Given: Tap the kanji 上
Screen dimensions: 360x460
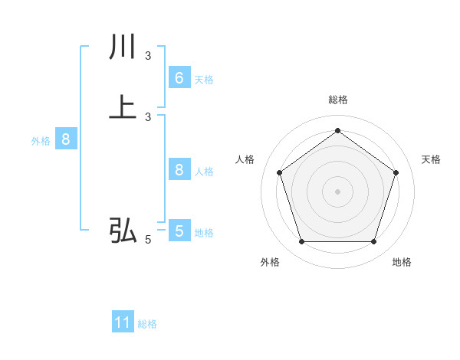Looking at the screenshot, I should point(123,107).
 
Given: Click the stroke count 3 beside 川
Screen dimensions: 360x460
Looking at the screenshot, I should point(148,56).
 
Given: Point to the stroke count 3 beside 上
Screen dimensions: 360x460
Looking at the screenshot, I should point(148,116).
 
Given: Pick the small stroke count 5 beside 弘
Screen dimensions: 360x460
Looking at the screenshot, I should point(148,240).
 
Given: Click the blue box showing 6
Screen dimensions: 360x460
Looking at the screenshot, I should point(179,78).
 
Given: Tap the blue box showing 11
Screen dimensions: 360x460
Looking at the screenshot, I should point(123,322).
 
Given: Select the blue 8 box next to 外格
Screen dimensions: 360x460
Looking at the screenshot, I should point(66,139).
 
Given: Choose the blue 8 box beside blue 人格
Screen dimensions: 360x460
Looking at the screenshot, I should point(179,170).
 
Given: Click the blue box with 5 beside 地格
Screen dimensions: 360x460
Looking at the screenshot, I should point(179,231).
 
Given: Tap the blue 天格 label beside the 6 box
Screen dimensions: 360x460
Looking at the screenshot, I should point(204,80).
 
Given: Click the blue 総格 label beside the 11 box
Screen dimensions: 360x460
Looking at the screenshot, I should point(147,324).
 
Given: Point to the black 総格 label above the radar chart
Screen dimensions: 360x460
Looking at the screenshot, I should point(337,100).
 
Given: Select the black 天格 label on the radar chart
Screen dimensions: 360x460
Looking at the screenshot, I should point(432,159).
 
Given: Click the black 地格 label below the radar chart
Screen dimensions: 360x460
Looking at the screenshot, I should point(402,263).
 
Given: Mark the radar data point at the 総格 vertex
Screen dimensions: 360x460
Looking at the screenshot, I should point(337,130).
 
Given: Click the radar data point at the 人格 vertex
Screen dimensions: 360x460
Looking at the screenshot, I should point(279,172).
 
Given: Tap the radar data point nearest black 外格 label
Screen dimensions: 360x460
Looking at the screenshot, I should point(301,242).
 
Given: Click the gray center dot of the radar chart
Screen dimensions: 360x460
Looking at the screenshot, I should point(337,191).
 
